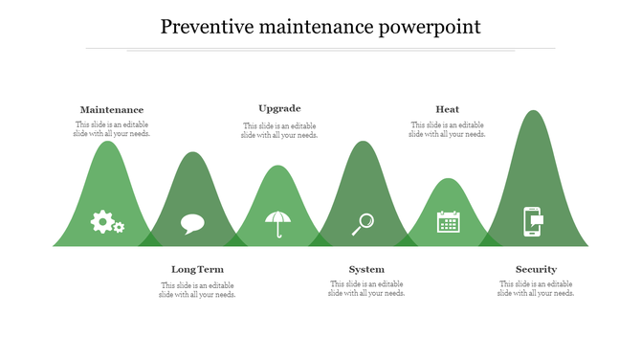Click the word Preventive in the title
tap(201, 26)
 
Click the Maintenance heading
tap(112, 110)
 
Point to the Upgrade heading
tap(279, 108)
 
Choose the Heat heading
tap(447, 109)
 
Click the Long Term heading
tap(197, 269)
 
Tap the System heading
tap(366, 269)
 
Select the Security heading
tap(536, 269)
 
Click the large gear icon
tap(101, 221)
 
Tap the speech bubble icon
tap(192, 224)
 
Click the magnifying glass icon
tap(363, 224)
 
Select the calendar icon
tap(448, 222)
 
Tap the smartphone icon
tap(532, 221)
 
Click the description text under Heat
tap(447, 129)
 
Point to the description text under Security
tap(536, 288)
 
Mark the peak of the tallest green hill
tap(533, 113)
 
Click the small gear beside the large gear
tap(119, 228)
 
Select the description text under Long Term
tap(197, 290)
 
